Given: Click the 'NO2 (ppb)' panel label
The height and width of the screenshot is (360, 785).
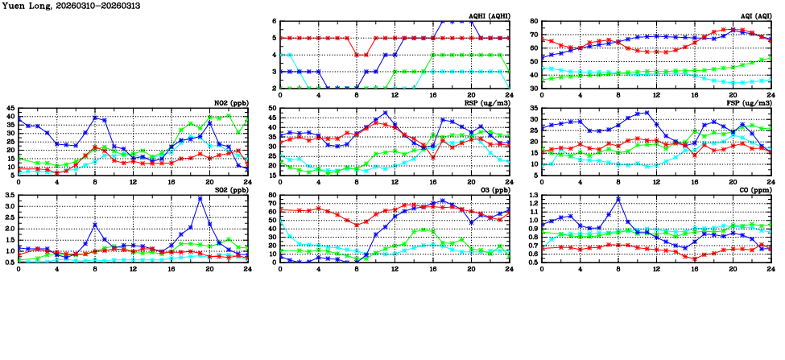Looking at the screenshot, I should click(x=230, y=103).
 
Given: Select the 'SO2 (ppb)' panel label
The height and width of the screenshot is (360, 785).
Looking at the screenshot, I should click(x=230, y=190).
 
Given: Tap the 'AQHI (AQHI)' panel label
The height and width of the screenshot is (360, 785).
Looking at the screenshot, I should click(x=489, y=16).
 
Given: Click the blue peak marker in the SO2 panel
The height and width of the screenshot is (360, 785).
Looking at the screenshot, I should click(x=200, y=198).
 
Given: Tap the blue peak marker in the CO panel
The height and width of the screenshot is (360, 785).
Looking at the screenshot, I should click(x=618, y=198).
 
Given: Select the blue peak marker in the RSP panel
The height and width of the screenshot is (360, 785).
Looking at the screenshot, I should click(x=386, y=113).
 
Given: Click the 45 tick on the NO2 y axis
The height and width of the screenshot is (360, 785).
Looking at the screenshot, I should click(x=10, y=108).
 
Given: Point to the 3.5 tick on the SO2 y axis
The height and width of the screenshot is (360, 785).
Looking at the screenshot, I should click(x=9, y=195).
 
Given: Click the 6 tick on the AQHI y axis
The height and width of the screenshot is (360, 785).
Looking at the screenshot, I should click(x=275, y=21).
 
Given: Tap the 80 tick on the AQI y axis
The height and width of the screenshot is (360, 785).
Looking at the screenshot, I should click(x=534, y=21).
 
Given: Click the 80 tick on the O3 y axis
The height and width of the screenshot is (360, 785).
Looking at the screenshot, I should click(x=272, y=195).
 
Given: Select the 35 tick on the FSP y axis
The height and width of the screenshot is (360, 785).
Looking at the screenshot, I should click(x=534, y=119).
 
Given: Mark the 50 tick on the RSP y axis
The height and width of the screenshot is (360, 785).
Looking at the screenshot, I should click(x=272, y=108).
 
